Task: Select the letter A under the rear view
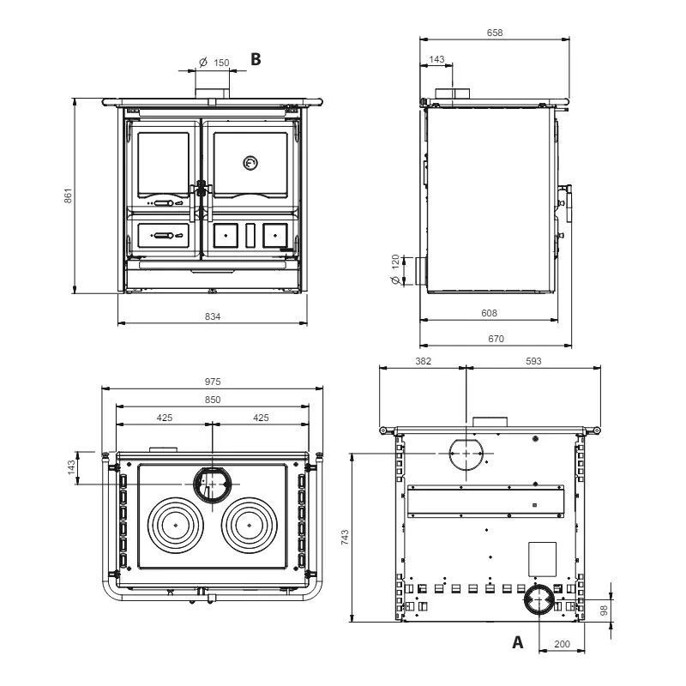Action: pyautogui.click(x=517, y=641)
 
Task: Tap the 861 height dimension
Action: pyautogui.click(x=69, y=196)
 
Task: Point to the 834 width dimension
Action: pyautogui.click(x=213, y=316)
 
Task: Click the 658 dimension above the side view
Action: pyautogui.click(x=495, y=33)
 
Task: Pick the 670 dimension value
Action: pyautogui.click(x=496, y=339)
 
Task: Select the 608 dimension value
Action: pyautogui.click(x=489, y=313)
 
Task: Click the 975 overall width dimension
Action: pyautogui.click(x=213, y=380)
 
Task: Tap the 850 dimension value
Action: pyautogui.click(x=213, y=400)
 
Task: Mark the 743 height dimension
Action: pyautogui.click(x=345, y=537)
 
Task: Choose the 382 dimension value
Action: pyautogui.click(x=422, y=361)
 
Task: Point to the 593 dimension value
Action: pyautogui.click(x=533, y=361)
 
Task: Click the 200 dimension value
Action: pyautogui.click(x=562, y=643)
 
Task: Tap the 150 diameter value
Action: pyautogui.click(x=220, y=63)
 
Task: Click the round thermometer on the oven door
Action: pyautogui.click(x=250, y=162)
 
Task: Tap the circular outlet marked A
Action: pyautogui.click(x=539, y=602)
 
